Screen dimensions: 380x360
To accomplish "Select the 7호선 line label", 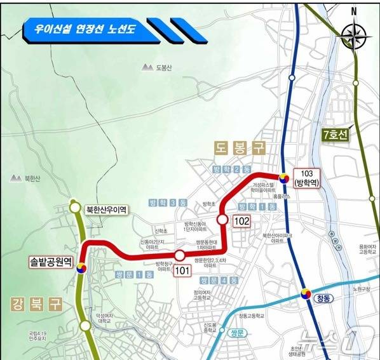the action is tap(336, 135).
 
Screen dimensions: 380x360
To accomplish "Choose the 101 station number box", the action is tap(183, 271).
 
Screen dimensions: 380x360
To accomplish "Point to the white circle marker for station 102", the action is tap(222, 219).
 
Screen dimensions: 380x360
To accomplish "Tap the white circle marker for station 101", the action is tap(180, 256).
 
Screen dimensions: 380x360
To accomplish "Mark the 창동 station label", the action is tap(323, 303).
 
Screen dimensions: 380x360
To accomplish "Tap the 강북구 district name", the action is tap(36, 303).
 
